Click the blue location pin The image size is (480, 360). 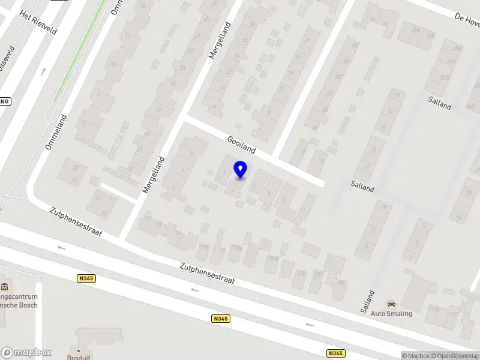241,170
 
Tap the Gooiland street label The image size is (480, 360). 242,145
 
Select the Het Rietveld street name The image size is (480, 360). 38,22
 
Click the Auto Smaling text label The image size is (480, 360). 391,313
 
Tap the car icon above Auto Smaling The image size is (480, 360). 391,304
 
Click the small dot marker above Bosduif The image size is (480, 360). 78,349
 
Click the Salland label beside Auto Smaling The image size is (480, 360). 368,301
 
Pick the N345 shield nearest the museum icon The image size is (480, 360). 86,278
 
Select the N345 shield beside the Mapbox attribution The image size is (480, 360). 336,353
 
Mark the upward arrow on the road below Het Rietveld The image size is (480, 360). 43,71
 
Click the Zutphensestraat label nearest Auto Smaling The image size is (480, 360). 207,272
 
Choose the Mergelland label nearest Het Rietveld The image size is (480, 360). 220,40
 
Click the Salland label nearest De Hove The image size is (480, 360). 440,103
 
